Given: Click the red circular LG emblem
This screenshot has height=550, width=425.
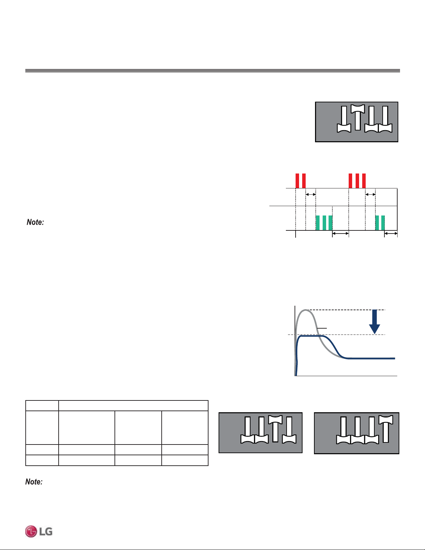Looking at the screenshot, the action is (31, 531).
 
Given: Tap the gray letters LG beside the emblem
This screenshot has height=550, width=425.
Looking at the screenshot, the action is (46, 532).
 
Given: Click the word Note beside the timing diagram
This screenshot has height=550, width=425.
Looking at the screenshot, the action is (35, 222).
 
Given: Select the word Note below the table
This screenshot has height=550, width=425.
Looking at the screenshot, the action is (34, 481).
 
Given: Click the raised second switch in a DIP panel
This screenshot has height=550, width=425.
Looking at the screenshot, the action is (358, 117).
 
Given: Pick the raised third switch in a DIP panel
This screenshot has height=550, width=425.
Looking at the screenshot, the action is (275, 428).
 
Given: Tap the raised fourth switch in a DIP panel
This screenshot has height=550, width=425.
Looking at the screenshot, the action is (386, 428).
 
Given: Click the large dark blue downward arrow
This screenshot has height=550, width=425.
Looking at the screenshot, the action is (374, 321).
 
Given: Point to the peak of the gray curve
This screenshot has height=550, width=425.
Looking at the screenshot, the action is (306, 310).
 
